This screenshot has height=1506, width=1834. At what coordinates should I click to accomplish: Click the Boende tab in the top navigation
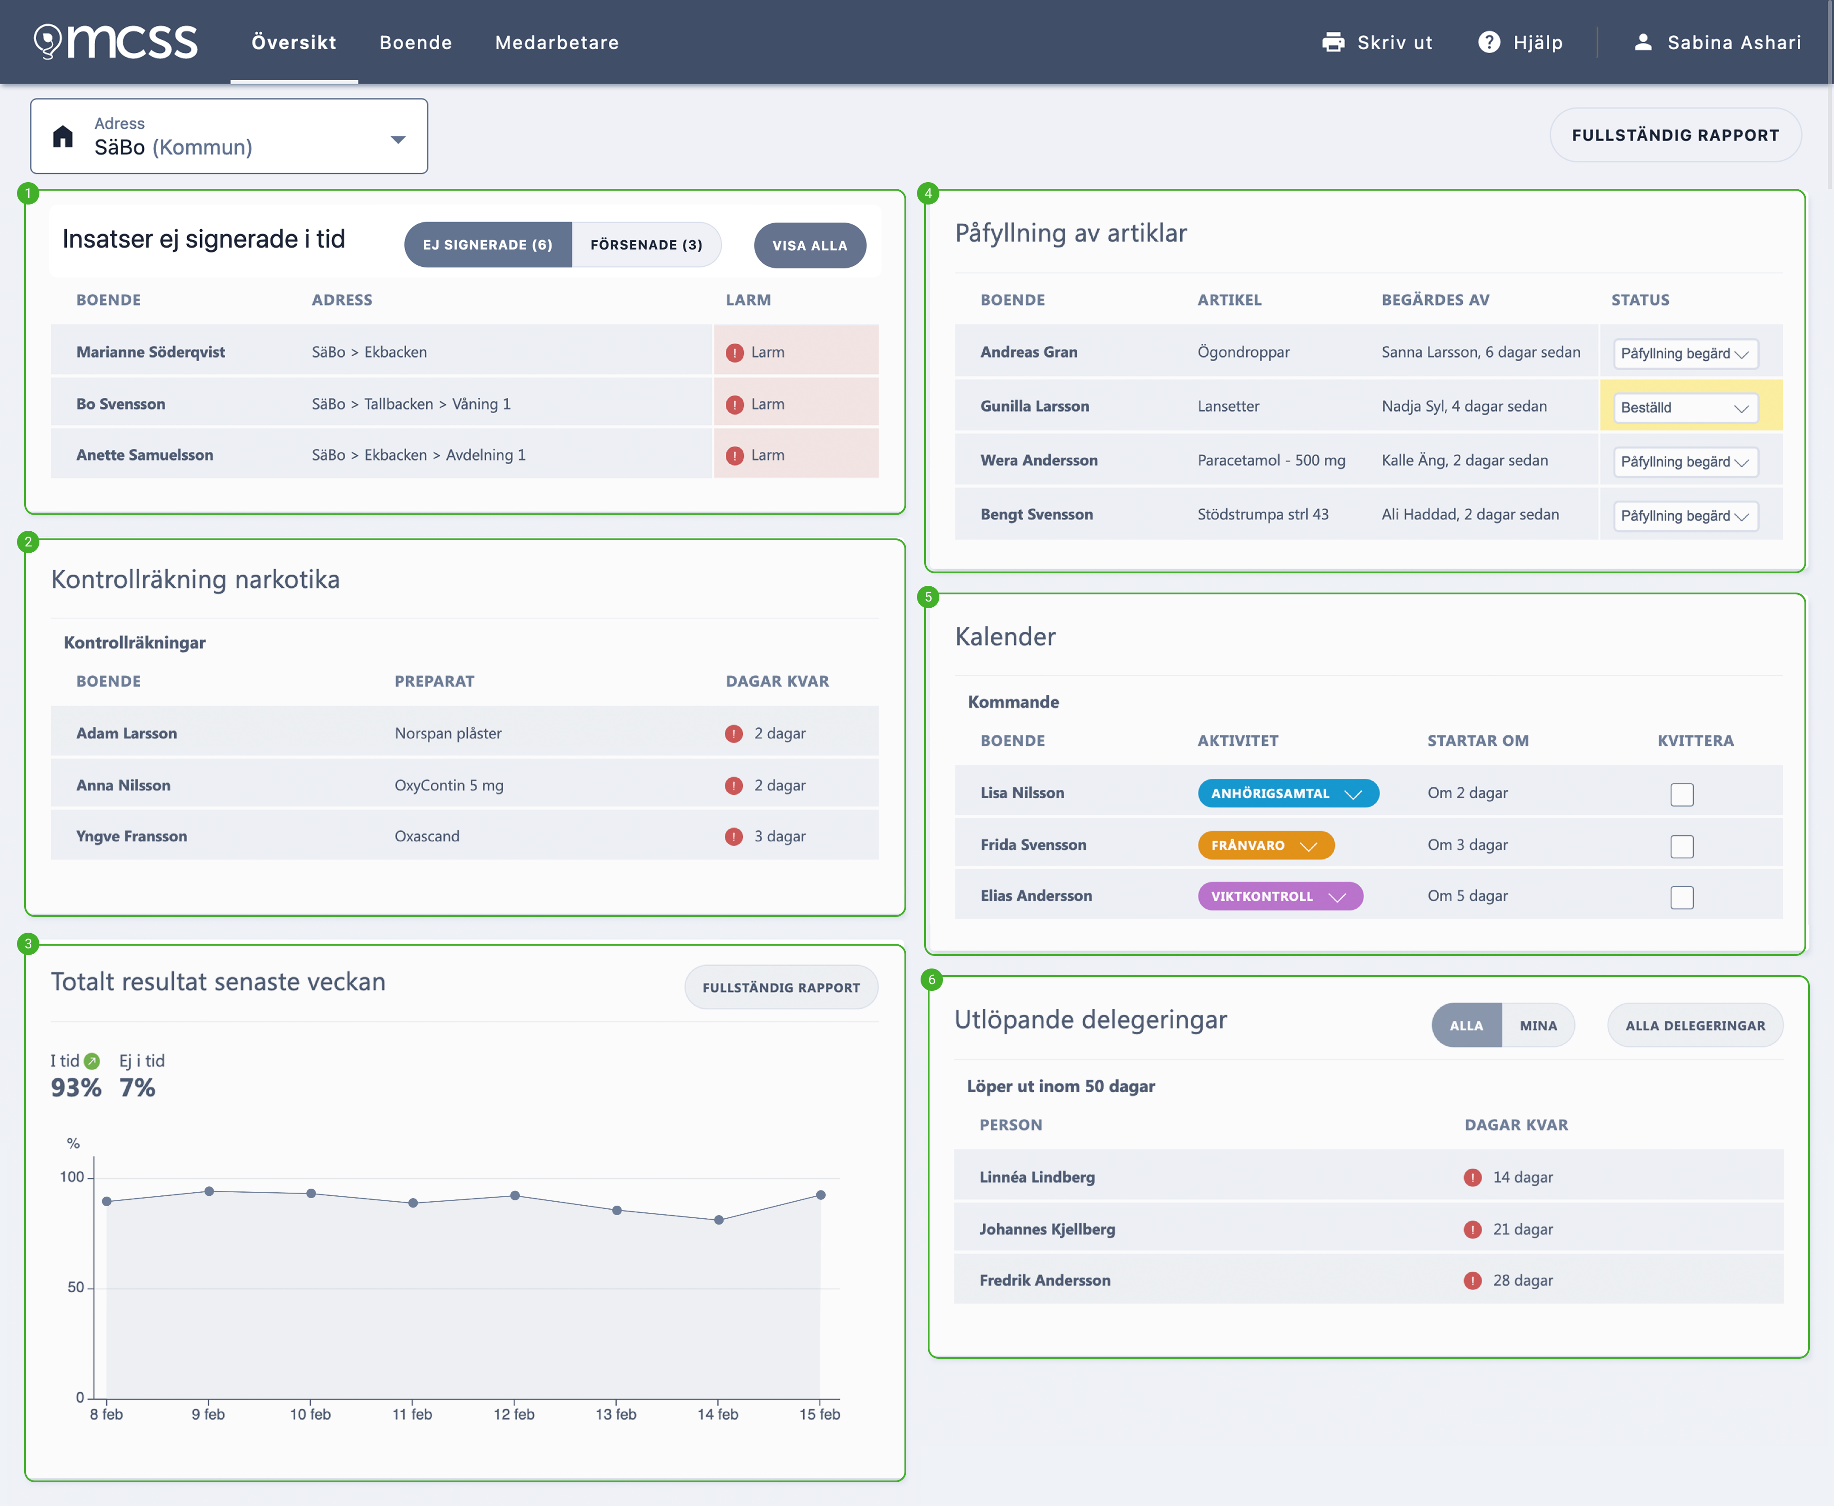tap(416, 43)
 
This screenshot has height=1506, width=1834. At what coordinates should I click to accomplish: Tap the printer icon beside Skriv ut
tap(1333, 43)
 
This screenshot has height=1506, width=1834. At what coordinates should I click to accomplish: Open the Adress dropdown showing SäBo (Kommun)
tap(229, 136)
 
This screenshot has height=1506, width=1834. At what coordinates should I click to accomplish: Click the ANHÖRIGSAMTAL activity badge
tap(1288, 793)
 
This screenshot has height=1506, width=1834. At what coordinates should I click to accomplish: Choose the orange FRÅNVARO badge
tap(1265, 845)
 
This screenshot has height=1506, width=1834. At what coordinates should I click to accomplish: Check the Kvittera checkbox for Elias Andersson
tap(1681, 897)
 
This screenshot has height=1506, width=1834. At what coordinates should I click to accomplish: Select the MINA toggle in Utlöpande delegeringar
tap(1538, 1025)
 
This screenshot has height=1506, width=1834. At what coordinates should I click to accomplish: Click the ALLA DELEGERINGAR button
tap(1695, 1025)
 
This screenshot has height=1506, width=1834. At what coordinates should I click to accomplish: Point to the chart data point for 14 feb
tap(719, 1220)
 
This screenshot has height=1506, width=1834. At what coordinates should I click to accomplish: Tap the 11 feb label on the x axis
tap(412, 1414)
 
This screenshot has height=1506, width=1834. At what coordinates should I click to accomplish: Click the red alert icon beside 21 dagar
tap(1472, 1229)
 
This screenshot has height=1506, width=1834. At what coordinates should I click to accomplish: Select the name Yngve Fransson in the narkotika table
tap(132, 836)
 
